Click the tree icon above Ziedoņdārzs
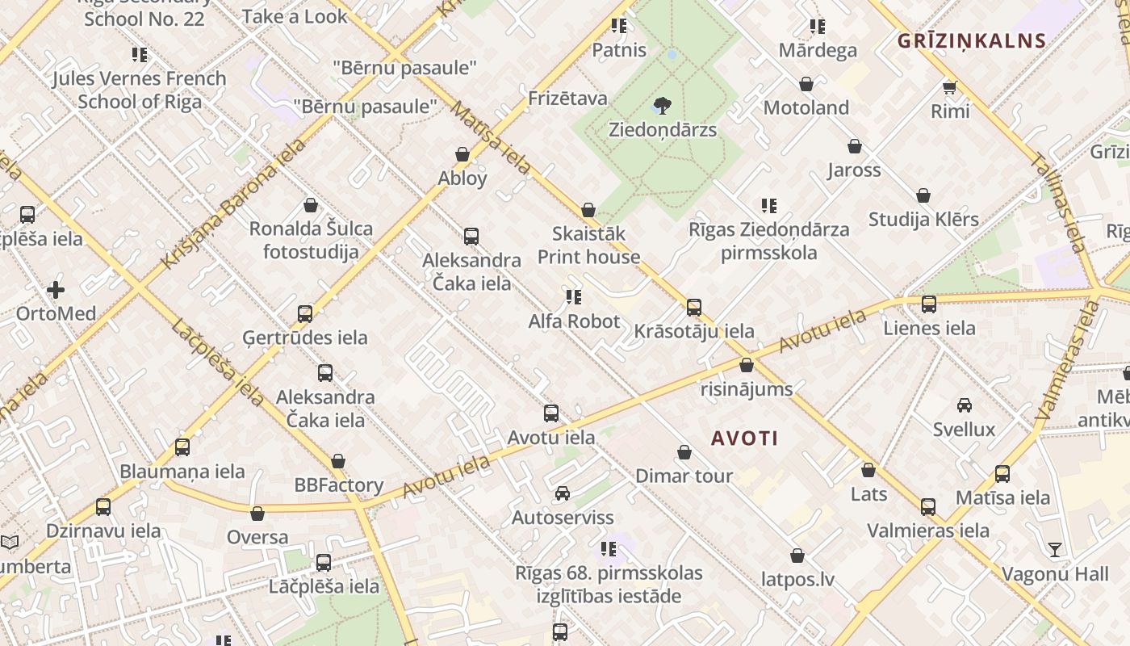(x=663, y=105)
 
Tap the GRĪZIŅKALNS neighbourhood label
(x=972, y=40)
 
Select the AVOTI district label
(x=744, y=438)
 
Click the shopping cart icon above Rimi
(x=949, y=86)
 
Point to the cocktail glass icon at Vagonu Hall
(x=1055, y=550)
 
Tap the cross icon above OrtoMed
(x=56, y=289)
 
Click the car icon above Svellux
(x=964, y=405)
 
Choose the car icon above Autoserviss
(x=563, y=493)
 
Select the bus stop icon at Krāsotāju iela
(x=694, y=308)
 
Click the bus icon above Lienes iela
(x=929, y=304)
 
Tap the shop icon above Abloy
(x=462, y=154)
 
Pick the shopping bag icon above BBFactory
(x=338, y=461)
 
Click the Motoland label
(x=806, y=107)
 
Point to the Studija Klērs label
(x=923, y=219)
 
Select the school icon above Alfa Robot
(x=574, y=297)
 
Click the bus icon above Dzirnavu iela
(x=103, y=507)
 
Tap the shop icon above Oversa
(x=257, y=514)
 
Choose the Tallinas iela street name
(x=1058, y=203)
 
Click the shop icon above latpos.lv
(x=797, y=556)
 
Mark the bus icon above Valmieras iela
(x=928, y=507)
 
